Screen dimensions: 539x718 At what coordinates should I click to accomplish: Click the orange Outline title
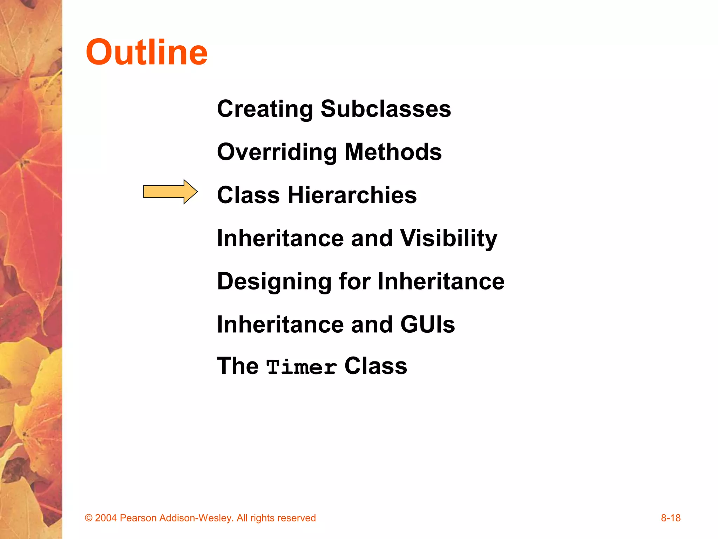point(147,53)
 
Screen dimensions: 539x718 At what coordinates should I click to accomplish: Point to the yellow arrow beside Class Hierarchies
point(170,192)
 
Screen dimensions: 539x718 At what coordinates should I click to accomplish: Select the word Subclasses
point(386,109)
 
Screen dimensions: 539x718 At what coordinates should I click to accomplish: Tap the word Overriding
point(277,152)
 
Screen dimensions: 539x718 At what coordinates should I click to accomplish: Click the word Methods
point(393,152)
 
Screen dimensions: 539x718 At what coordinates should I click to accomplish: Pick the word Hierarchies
point(352,195)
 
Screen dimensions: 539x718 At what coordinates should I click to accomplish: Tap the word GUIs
point(427,325)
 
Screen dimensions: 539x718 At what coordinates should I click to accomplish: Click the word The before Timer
point(238,366)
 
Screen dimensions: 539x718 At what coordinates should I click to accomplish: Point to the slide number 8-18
point(670,518)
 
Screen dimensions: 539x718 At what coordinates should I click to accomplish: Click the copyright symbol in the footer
point(89,518)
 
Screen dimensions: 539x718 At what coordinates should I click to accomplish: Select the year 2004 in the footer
point(106,518)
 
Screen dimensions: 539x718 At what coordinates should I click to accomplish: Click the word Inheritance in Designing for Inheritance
point(441,282)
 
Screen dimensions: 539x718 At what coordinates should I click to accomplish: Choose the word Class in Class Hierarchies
point(248,195)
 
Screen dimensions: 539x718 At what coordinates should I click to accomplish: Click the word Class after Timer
point(375,366)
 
